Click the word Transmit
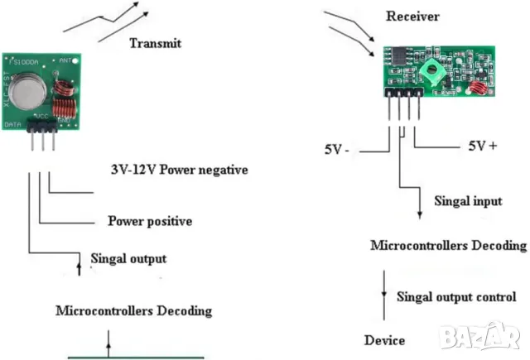pyautogui.click(x=155, y=44)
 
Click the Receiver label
pyautogui.click(x=412, y=17)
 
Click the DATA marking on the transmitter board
pyautogui.click(x=12, y=124)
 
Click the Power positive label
pyautogui.click(x=150, y=221)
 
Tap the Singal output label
pyautogui.click(x=128, y=258)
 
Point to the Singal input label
pyautogui.click(x=469, y=201)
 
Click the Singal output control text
pyautogui.click(x=456, y=296)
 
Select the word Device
pyautogui.click(x=385, y=340)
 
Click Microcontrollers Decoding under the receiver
pyautogui.click(x=448, y=246)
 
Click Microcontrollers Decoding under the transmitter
pyautogui.click(x=133, y=311)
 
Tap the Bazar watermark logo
pyautogui.click(x=484, y=335)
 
